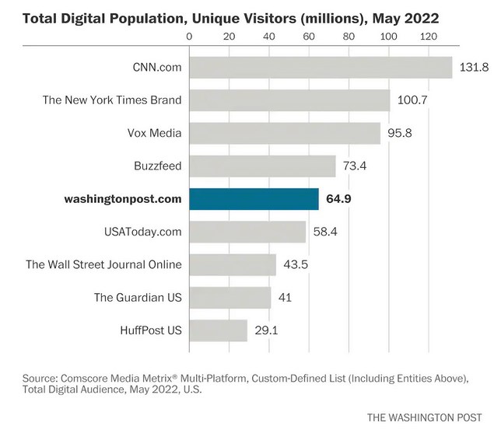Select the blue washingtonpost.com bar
254,199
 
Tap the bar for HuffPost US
219,330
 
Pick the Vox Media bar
285,133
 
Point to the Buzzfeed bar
262,166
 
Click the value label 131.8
474,67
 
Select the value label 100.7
412,100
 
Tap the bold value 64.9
338,199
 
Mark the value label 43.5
296,264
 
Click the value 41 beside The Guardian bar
285,298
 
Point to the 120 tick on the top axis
427,36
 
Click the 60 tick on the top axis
308,36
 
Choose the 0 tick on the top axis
190,36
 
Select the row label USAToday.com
142,232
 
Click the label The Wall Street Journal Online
103,264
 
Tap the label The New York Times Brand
114,100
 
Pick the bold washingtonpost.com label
123,199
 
